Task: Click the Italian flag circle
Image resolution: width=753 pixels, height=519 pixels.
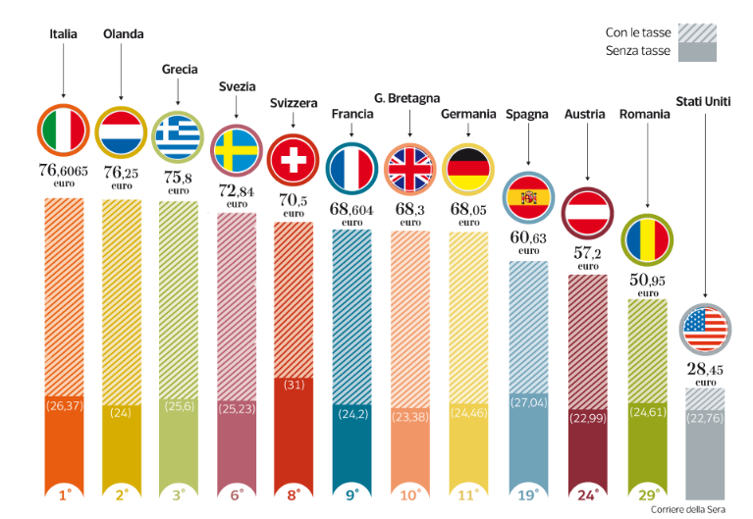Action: click(x=64, y=130)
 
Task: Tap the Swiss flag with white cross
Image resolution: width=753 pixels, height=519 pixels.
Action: click(x=295, y=158)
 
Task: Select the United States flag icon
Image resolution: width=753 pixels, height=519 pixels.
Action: click(x=705, y=330)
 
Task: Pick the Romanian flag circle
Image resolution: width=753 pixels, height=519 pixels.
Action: click(x=646, y=237)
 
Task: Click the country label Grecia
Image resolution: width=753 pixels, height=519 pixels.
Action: click(x=179, y=70)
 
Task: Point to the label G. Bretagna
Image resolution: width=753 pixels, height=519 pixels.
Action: click(x=406, y=98)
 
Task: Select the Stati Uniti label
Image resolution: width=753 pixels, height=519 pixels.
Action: click(x=703, y=101)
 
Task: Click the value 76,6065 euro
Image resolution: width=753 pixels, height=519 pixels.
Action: click(x=63, y=174)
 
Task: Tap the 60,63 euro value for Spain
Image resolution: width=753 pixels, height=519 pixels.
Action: click(x=528, y=241)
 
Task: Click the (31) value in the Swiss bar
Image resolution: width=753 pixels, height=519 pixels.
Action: click(x=295, y=385)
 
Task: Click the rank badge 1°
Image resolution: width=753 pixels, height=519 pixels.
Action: click(x=64, y=496)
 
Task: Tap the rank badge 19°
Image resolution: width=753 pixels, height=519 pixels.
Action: click(x=528, y=496)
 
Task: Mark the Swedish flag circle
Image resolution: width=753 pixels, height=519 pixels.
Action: click(x=237, y=148)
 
